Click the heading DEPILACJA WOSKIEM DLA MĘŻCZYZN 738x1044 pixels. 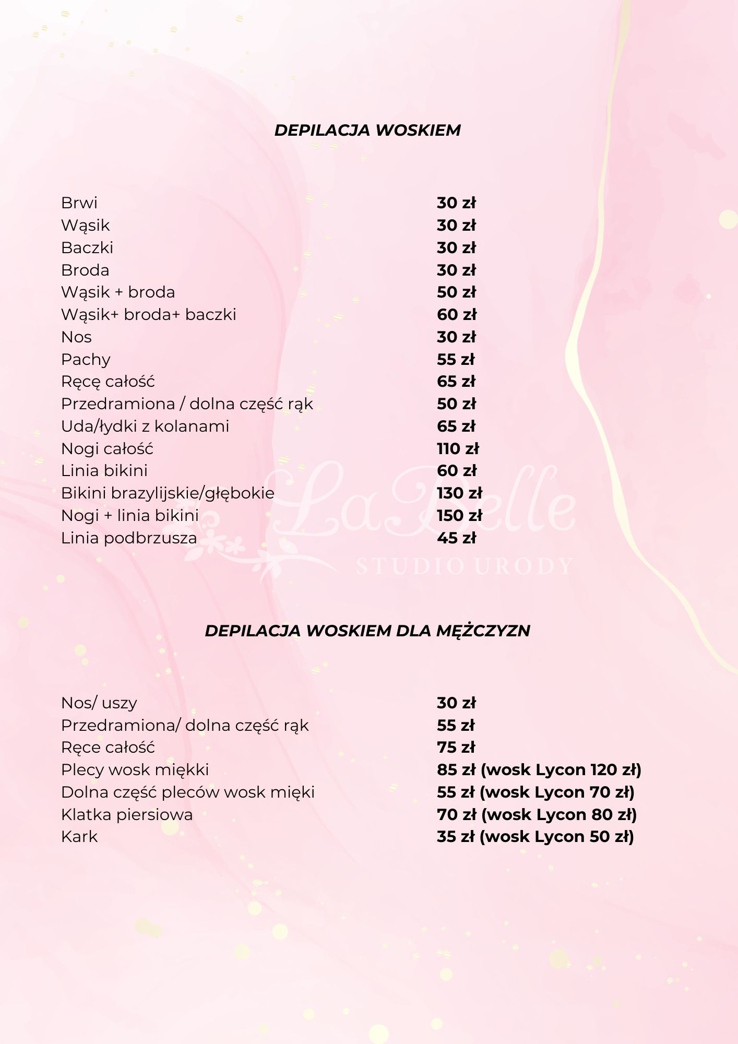click(367, 631)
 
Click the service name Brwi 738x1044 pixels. click(79, 203)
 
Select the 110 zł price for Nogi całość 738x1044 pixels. click(458, 449)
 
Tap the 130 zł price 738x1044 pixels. click(459, 493)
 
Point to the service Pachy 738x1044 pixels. click(86, 360)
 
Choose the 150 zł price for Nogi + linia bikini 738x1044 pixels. click(459, 516)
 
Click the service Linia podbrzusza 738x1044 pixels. click(129, 538)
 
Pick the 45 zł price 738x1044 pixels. click(456, 538)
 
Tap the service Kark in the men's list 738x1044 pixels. click(79, 837)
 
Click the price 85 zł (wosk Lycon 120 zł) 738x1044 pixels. click(539, 770)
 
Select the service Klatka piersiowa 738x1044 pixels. click(127, 815)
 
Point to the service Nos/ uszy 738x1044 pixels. click(99, 703)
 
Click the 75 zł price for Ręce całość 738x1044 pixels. click(456, 748)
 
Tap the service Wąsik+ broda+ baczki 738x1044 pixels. click(149, 315)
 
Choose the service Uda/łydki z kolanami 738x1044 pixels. click(145, 426)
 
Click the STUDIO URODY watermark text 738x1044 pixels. click(464, 566)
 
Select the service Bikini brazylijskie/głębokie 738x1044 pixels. click(168, 493)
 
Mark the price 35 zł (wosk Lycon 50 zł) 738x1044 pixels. click(535, 837)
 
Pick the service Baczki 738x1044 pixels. click(87, 248)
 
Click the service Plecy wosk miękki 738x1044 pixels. click(135, 770)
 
